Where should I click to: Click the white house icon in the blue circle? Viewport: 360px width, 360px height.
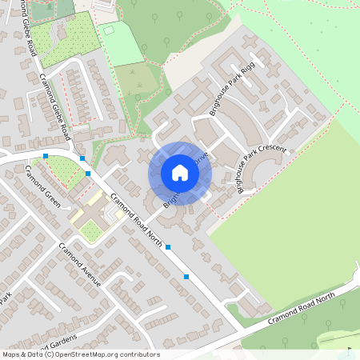[x=180, y=173]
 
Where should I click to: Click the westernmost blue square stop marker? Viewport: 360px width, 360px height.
[x=46, y=155]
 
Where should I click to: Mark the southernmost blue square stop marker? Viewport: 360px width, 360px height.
[x=186, y=277]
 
